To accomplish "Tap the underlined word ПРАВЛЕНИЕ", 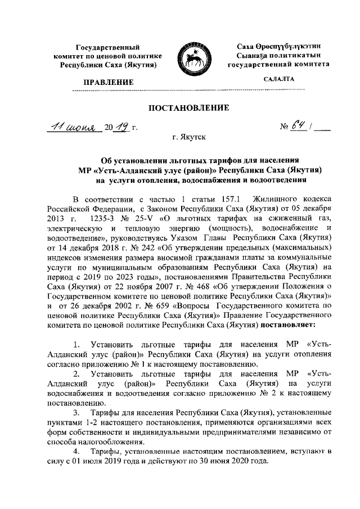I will [109, 82].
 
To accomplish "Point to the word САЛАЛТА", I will [278, 80].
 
